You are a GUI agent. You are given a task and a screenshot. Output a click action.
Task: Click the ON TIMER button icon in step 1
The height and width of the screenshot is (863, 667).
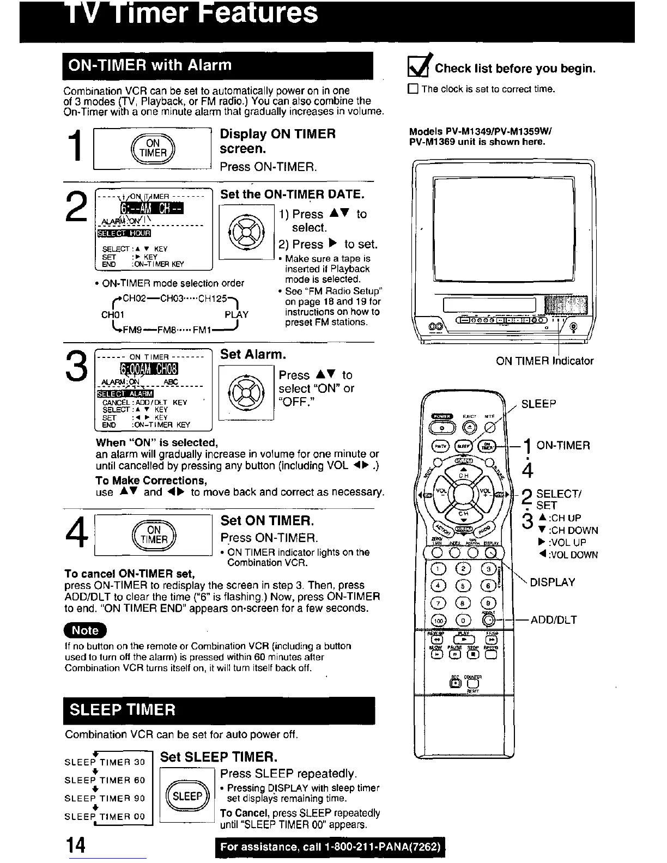point(153,148)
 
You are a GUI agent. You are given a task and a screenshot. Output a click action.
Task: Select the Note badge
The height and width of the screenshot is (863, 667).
point(86,630)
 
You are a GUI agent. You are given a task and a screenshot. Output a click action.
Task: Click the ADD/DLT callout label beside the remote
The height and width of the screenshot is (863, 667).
point(554,619)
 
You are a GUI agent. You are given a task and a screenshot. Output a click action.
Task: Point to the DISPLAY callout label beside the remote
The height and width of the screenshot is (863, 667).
point(552,582)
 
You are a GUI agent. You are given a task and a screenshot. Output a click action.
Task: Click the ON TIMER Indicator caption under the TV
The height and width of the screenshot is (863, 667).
point(544,361)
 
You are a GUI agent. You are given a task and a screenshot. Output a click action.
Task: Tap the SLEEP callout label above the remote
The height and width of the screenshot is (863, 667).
point(538,404)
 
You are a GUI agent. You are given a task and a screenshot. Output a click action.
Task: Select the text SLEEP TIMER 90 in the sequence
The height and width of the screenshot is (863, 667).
point(105,798)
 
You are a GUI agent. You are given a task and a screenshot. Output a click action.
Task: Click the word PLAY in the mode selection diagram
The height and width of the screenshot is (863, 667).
point(237,314)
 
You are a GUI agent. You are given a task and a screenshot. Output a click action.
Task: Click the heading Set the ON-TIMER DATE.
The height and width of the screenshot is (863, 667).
point(292,195)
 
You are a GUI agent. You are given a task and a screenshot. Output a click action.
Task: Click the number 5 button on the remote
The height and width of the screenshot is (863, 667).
point(464,587)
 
